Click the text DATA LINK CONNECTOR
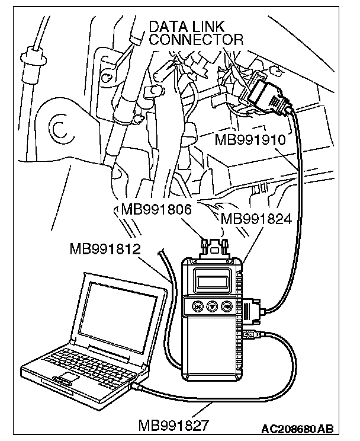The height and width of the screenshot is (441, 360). coord(196,33)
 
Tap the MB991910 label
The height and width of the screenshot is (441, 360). coord(252,141)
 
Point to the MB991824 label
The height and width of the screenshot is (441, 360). coord(256,219)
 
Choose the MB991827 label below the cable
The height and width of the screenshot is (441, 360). coord(172,424)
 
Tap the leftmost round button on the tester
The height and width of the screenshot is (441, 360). coord(195,306)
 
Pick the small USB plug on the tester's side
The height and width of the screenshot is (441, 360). coord(250,340)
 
